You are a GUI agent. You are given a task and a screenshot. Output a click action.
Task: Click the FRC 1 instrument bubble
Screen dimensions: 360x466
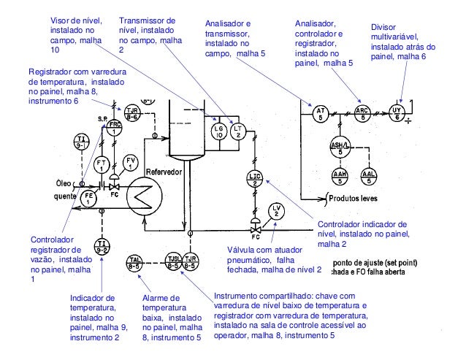click(114, 128)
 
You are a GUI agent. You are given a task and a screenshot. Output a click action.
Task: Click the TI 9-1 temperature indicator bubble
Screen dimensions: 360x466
click(82, 142)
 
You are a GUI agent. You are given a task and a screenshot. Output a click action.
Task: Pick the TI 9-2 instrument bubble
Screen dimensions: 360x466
click(102, 246)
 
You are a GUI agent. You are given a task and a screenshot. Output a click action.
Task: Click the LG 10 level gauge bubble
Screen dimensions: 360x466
click(218, 131)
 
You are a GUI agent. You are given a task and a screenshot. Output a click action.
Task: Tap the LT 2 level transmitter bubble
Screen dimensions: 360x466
click(238, 131)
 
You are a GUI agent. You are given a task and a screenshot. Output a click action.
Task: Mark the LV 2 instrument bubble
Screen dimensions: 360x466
click(275, 210)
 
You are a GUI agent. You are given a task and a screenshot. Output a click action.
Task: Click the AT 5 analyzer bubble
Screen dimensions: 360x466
click(320, 114)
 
